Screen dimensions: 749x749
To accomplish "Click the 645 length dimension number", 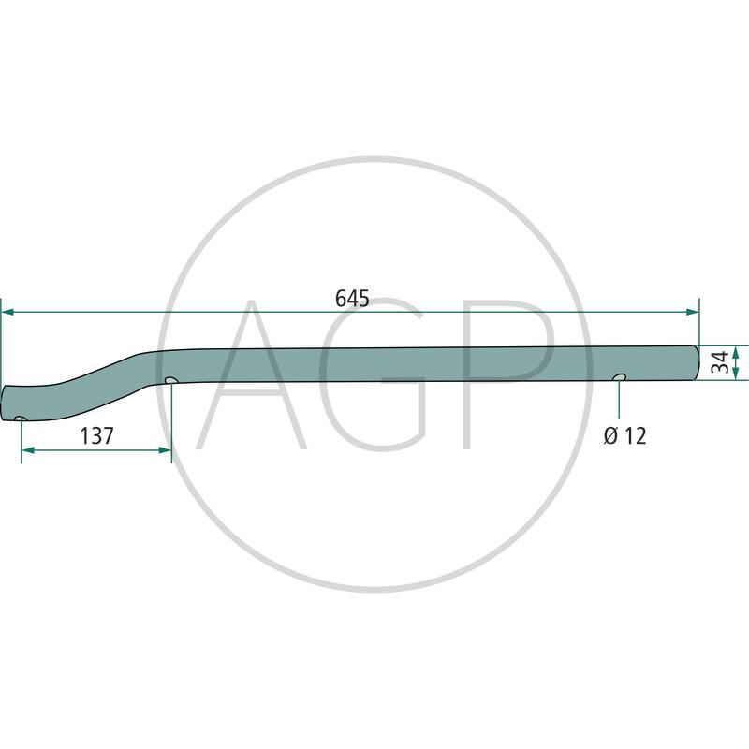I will pos(352,299).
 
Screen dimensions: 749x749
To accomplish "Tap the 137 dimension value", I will pos(96,435).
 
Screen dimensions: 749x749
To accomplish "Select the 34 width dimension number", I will pos(719,362).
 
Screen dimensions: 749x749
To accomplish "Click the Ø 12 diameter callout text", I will pos(624,435).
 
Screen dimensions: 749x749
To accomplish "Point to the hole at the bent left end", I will pos(20,418).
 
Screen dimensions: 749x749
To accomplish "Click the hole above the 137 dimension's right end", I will pos(170,380).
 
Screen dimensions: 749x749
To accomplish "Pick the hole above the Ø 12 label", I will pos(619,376).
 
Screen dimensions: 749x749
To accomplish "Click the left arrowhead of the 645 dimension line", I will pos(7,312).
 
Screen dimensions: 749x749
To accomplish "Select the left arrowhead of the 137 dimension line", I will pos(26,450).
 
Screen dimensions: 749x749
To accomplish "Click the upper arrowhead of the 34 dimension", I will pos(736,350).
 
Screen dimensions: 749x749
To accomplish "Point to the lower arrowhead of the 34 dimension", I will pos(736,374).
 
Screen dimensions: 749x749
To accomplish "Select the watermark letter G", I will pos(374,374).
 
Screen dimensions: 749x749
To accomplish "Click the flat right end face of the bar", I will pos(698,362).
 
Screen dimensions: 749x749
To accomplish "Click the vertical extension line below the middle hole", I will pos(171,417).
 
